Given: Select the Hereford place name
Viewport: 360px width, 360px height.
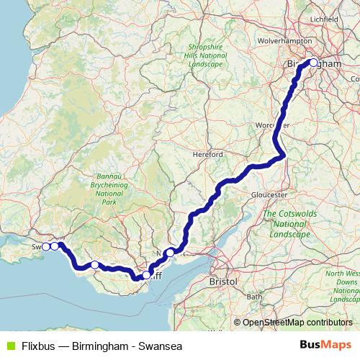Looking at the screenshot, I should [x=208, y=154].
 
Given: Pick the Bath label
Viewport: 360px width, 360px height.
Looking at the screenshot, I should [x=254, y=296].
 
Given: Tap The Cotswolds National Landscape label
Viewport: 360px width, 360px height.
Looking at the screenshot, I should [x=286, y=224].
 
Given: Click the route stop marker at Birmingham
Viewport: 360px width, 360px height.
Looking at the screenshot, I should [x=313, y=62].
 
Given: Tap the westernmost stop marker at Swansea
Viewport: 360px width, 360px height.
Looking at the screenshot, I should [x=46, y=246].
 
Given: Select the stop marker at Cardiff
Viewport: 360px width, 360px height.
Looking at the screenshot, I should [x=147, y=274].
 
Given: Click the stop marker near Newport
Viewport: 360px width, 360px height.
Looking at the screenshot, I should [x=170, y=252].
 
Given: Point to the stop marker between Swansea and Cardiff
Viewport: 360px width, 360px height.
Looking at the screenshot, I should [x=94, y=265].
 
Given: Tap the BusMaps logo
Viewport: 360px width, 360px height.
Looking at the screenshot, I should [x=325, y=346].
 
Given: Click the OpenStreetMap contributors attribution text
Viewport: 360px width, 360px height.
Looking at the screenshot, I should [x=297, y=322].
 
